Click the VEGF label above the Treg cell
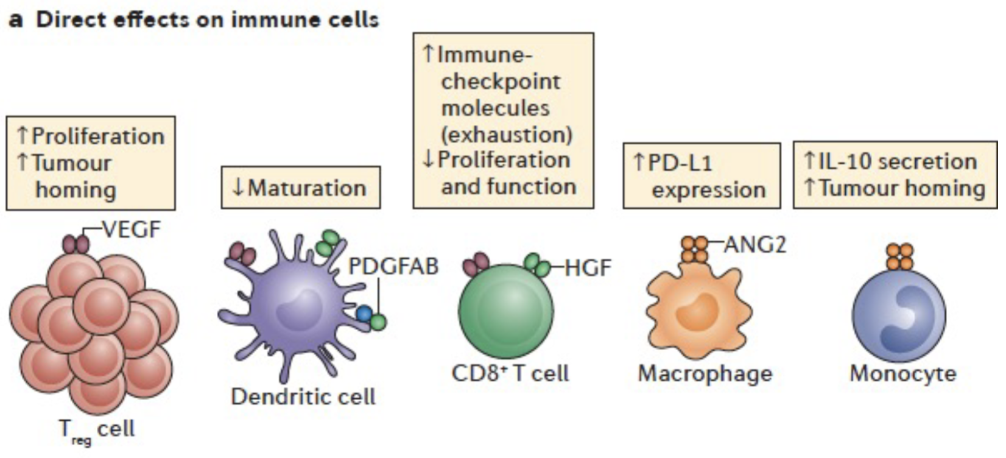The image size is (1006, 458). coord(132,230)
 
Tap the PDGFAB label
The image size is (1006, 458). coord(393,266)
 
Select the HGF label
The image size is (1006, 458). coord(588,268)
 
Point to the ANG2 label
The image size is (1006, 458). coord(755,245)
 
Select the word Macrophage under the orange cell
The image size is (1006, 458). coord(705,373)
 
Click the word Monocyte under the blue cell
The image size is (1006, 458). coord(903,373)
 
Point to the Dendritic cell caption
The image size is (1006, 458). coord(303,397)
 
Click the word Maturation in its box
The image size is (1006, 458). coord(307,188)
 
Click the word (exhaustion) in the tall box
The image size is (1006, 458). coord(507,134)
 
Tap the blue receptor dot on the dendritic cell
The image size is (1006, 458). coord(364,314)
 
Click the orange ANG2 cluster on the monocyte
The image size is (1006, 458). coord(899,256)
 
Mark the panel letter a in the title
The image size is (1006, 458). coord(16,19)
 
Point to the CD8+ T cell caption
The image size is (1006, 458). coord(510,373)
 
